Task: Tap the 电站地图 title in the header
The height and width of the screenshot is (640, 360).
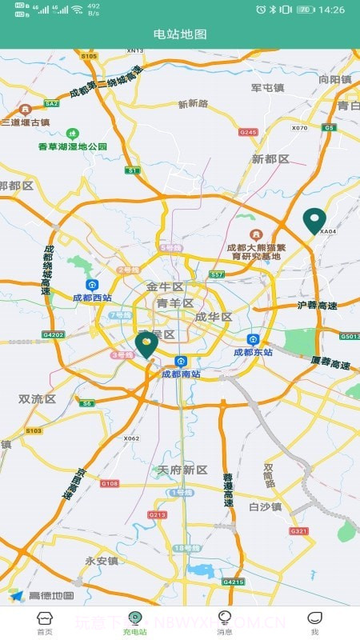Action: click(180, 34)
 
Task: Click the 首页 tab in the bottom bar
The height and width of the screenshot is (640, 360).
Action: click(45, 622)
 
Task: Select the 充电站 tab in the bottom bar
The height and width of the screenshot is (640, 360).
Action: click(135, 622)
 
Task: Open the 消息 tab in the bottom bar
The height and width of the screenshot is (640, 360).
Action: click(225, 622)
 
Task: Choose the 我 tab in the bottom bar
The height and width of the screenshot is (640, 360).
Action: click(314, 622)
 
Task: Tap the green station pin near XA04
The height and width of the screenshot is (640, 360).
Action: click(314, 220)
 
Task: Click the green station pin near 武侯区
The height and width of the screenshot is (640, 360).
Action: click(146, 345)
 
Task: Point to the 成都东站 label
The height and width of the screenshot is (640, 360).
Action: click(254, 352)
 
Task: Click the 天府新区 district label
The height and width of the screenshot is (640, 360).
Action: click(182, 470)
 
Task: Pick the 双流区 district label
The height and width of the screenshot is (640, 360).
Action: click(37, 398)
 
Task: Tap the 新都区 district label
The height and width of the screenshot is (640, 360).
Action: click(270, 159)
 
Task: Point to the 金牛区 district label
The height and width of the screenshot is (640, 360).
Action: click(165, 286)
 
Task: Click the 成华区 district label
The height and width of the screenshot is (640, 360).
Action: click(213, 317)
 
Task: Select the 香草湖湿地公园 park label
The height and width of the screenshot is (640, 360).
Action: click(73, 146)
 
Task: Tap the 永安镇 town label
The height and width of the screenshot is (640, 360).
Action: click(102, 561)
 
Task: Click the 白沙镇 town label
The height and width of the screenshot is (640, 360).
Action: click(265, 506)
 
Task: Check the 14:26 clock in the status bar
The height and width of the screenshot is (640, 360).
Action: click(331, 10)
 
